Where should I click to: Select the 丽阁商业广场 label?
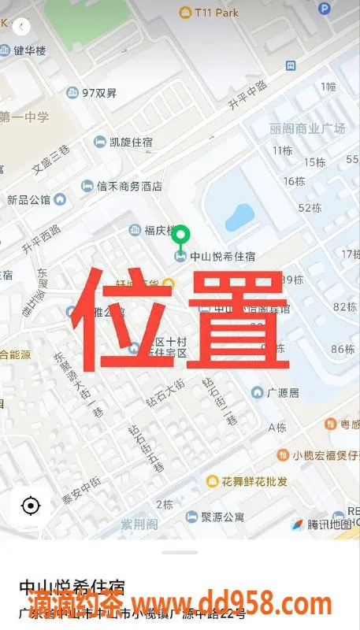pos(306,128)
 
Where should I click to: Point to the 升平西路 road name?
pos(41,239)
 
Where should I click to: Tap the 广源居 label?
pos(283,392)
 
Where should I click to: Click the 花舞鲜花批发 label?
pos(253,480)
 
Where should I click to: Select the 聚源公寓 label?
pos(222,517)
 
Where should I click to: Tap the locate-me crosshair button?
pos(31,506)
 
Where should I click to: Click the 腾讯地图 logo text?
pos(328,524)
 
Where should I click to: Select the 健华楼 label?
pos(30,51)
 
